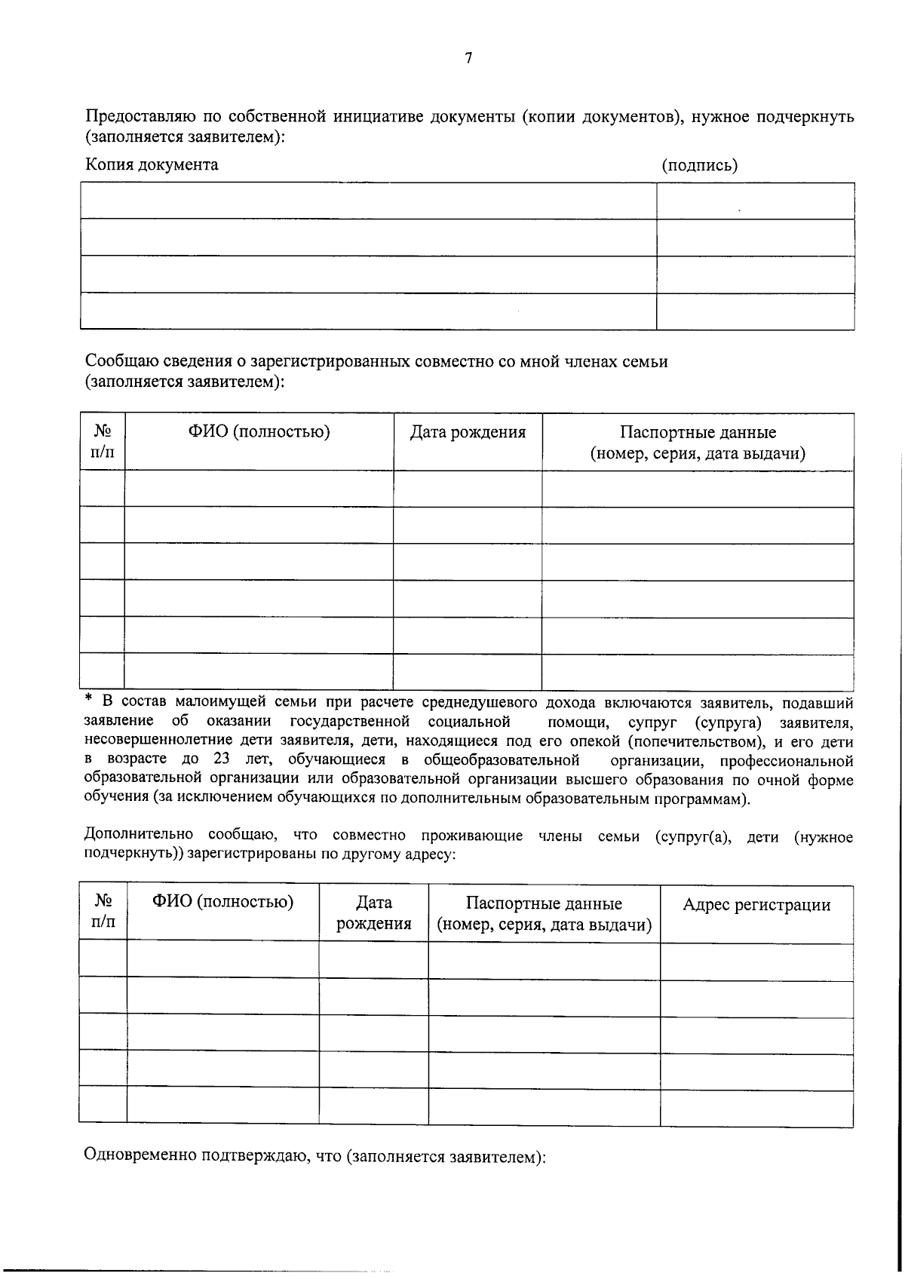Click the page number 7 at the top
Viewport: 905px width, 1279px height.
(468, 58)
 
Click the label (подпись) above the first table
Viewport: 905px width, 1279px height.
(699, 165)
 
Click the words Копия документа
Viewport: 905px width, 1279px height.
(152, 164)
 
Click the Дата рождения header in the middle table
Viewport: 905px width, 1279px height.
(468, 433)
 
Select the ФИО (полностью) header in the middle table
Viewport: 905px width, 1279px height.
(259, 432)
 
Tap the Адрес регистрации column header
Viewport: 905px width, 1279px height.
(756, 905)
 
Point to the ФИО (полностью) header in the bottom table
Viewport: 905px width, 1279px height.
(222, 902)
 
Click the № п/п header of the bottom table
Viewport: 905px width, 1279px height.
(103, 912)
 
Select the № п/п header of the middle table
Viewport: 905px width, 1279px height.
(103, 442)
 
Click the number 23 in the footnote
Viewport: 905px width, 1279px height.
(221, 759)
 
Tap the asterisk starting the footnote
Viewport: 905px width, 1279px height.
(88, 701)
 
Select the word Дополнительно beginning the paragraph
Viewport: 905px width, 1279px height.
(139, 836)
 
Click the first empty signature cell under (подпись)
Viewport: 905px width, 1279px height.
(755, 201)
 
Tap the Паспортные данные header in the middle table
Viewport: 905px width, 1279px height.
(698, 443)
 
